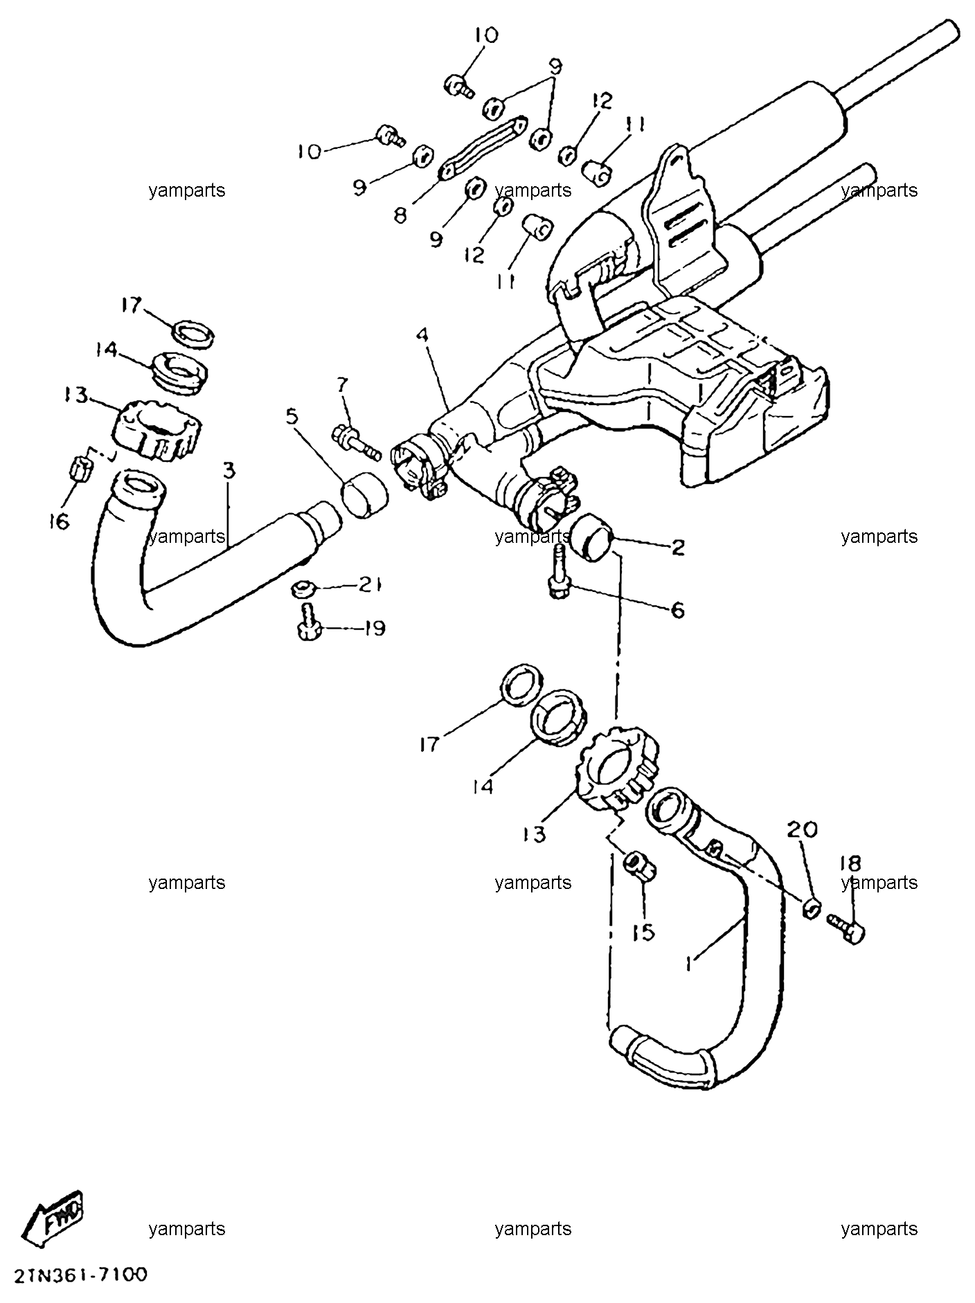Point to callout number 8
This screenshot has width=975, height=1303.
(x=400, y=216)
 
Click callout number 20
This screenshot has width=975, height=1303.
(x=802, y=829)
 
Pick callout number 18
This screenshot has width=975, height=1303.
(x=850, y=863)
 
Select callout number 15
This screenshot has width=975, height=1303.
(x=643, y=933)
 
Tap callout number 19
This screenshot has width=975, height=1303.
(x=373, y=629)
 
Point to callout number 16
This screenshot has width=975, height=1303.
(x=60, y=521)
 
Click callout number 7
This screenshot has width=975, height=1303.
(x=342, y=384)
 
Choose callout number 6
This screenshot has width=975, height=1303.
(x=677, y=609)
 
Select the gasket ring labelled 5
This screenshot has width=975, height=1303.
(x=364, y=496)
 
